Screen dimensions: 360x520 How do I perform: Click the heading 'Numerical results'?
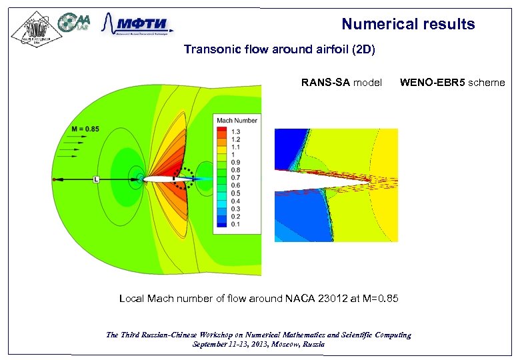(x=408, y=25)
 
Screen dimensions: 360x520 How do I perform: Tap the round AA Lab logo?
(x=75, y=23)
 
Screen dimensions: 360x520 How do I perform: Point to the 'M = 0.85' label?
(x=85, y=129)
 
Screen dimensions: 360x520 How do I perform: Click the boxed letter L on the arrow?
(x=97, y=179)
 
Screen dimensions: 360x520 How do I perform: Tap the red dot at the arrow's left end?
(x=54, y=179)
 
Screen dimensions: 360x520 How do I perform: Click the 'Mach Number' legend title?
(x=237, y=121)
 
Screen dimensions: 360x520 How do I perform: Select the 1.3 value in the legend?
(x=235, y=131)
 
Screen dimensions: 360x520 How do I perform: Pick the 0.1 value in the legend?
(x=235, y=225)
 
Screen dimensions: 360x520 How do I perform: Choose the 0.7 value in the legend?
(x=235, y=178)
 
